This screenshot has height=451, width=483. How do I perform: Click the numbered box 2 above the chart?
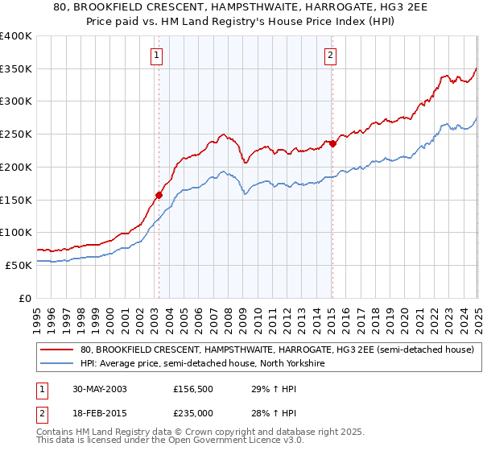click(331, 56)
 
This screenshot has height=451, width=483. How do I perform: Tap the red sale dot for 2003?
click(159, 194)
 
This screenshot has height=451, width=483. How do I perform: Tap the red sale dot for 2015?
click(332, 143)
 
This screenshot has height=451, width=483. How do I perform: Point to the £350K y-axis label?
click(16, 69)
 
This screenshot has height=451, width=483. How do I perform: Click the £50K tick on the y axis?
click(19, 265)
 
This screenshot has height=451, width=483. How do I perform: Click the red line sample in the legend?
click(56, 350)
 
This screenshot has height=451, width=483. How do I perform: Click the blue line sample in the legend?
click(56, 364)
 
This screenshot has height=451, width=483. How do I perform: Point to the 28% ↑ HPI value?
click(264, 413)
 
